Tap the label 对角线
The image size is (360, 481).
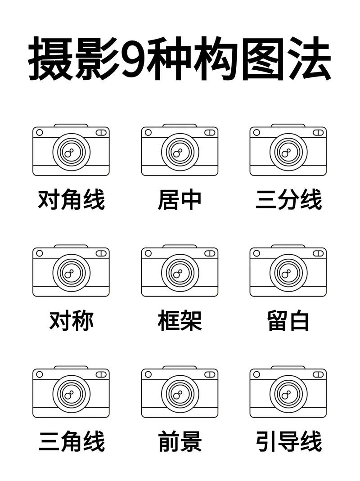click(x=71, y=199)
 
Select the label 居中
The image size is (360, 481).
click(x=180, y=199)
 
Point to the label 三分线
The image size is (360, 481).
click(x=288, y=199)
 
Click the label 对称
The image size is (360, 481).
click(x=71, y=321)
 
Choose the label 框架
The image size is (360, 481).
click(x=180, y=321)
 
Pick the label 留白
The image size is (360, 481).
click(x=288, y=321)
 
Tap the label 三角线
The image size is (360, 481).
click(x=71, y=441)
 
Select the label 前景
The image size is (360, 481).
click(x=180, y=441)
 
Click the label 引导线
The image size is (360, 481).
click(x=288, y=441)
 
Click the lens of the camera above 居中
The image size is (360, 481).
click(x=180, y=152)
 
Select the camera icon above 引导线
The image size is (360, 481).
click(x=288, y=392)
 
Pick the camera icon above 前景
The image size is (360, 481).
click(x=180, y=392)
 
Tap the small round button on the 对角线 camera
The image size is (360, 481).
click(x=40, y=132)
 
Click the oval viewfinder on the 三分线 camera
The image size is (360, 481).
click(x=318, y=132)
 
